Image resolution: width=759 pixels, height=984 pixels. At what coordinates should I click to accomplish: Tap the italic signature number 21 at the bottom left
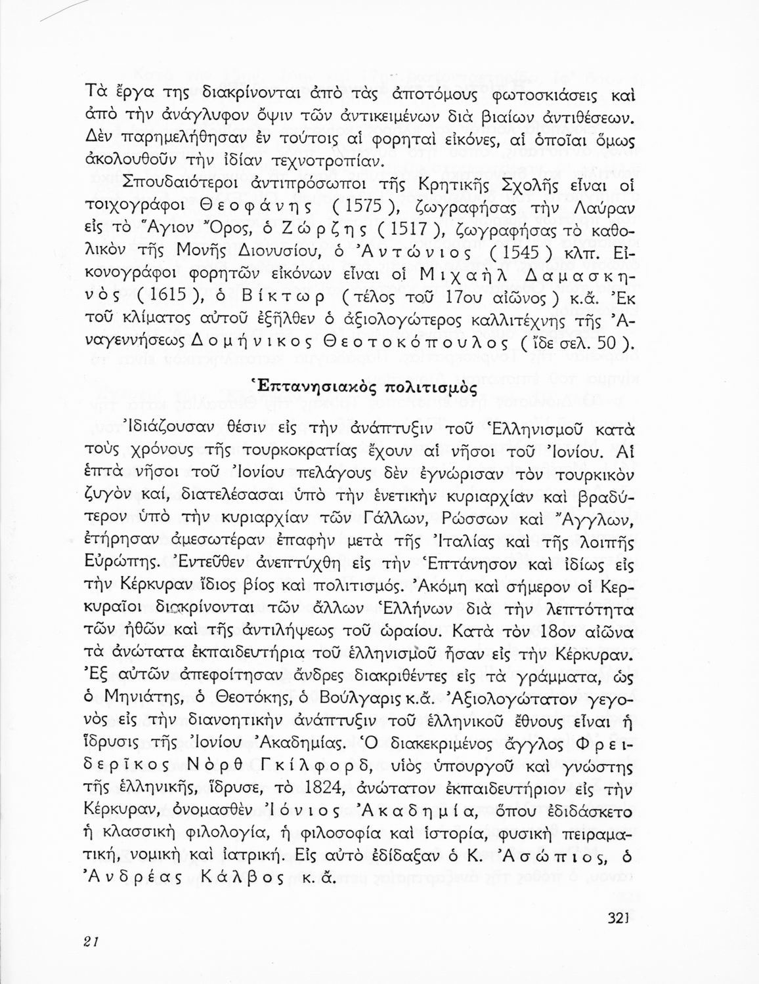pyautogui.click(x=91, y=940)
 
